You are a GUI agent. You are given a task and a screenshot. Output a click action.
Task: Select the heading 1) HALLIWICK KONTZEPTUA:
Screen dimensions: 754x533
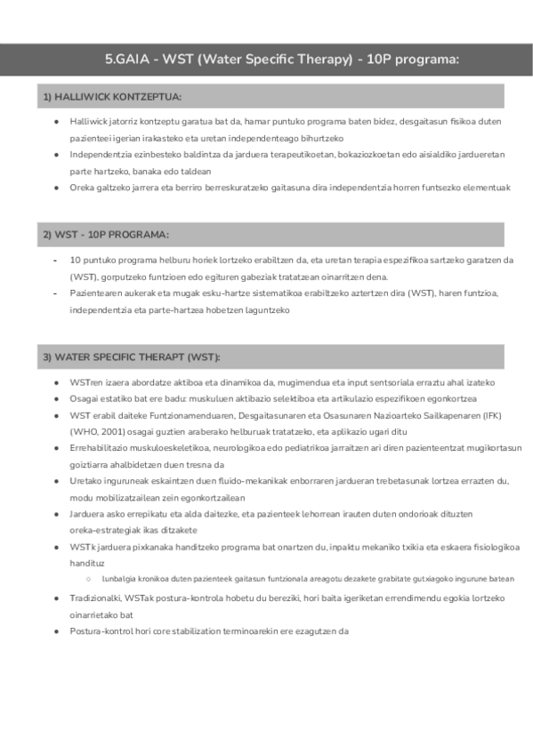[x=112, y=96]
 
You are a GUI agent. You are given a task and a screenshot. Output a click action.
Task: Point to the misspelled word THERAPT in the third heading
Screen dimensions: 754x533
[x=154, y=357]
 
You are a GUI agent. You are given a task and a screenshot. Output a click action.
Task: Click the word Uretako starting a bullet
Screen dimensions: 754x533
[x=85, y=481]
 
